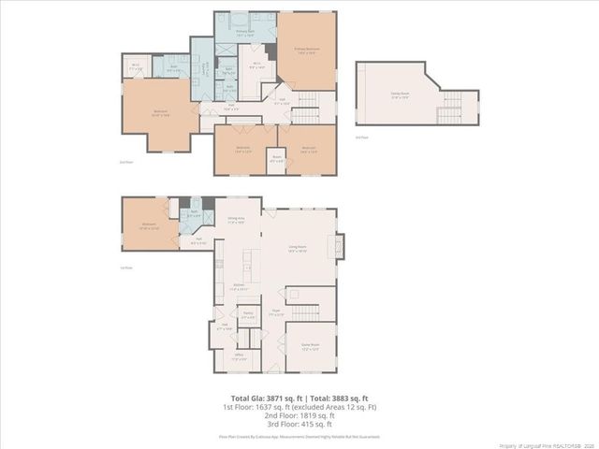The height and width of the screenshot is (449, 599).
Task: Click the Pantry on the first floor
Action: click(x=248, y=315)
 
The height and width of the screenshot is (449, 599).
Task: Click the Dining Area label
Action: click(x=236, y=221)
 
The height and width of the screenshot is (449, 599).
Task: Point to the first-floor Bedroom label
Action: click(x=148, y=225)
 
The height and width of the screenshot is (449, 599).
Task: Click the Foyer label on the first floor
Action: click(x=276, y=313)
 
